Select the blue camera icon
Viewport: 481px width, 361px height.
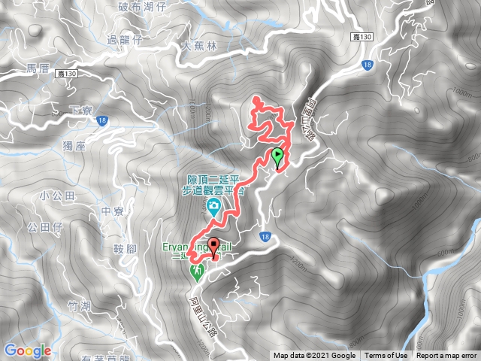click(214, 206)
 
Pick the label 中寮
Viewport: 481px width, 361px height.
click(111, 211)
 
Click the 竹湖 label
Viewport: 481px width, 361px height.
click(77, 306)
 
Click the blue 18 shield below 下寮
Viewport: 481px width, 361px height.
click(103, 120)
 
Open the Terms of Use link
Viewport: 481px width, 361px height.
click(387, 356)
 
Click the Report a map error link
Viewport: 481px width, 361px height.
click(447, 356)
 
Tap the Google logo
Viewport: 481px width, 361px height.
click(27, 350)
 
